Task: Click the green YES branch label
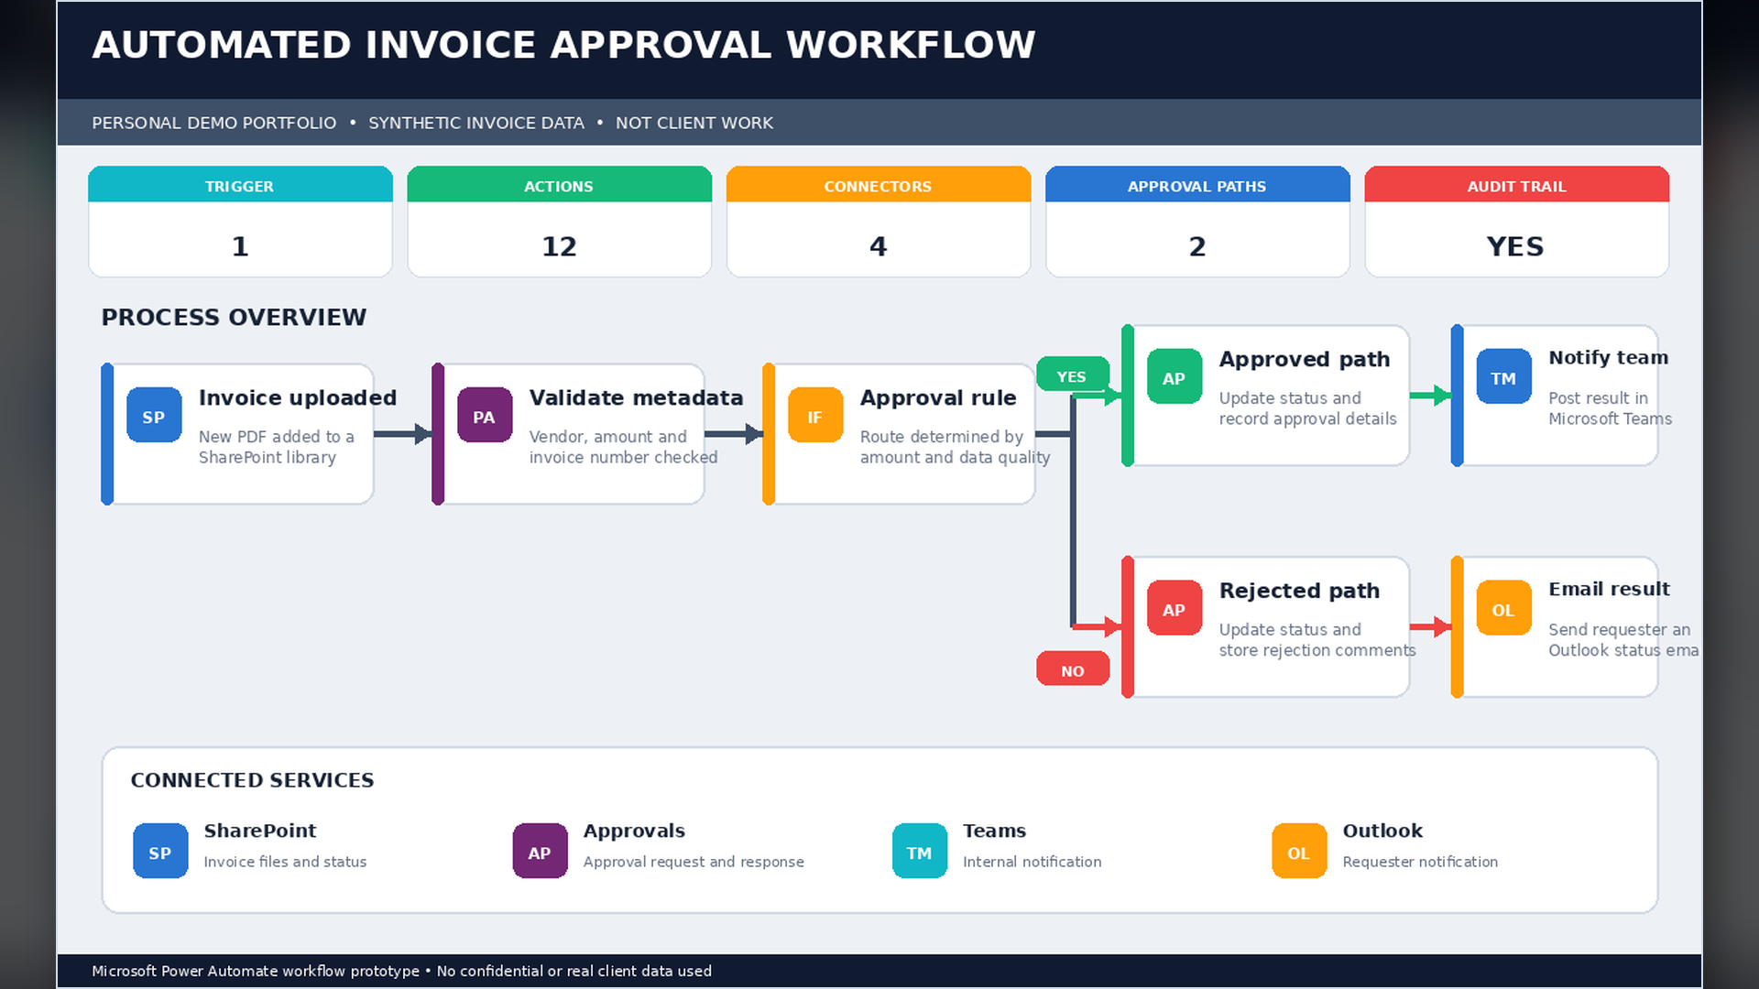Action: point(1072,376)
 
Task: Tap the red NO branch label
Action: point(1072,670)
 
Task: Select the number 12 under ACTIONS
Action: point(559,246)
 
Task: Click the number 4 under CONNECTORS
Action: point(878,246)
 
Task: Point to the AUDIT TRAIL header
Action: point(1516,186)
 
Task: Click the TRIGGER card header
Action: point(240,186)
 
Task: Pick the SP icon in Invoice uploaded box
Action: point(154,416)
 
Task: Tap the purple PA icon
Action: point(485,416)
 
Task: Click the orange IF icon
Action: point(815,416)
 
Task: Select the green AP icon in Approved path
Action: point(1174,376)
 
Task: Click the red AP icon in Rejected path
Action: point(1174,608)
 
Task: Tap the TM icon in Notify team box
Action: point(1504,376)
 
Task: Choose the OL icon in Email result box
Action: point(1504,608)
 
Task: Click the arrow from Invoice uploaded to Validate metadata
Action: point(403,434)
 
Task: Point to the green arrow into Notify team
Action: point(1430,396)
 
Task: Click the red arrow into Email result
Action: point(1430,627)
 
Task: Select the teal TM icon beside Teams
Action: point(920,851)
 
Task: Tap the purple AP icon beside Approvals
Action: point(540,851)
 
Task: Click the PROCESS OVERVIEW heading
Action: point(234,317)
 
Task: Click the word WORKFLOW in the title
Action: point(911,45)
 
